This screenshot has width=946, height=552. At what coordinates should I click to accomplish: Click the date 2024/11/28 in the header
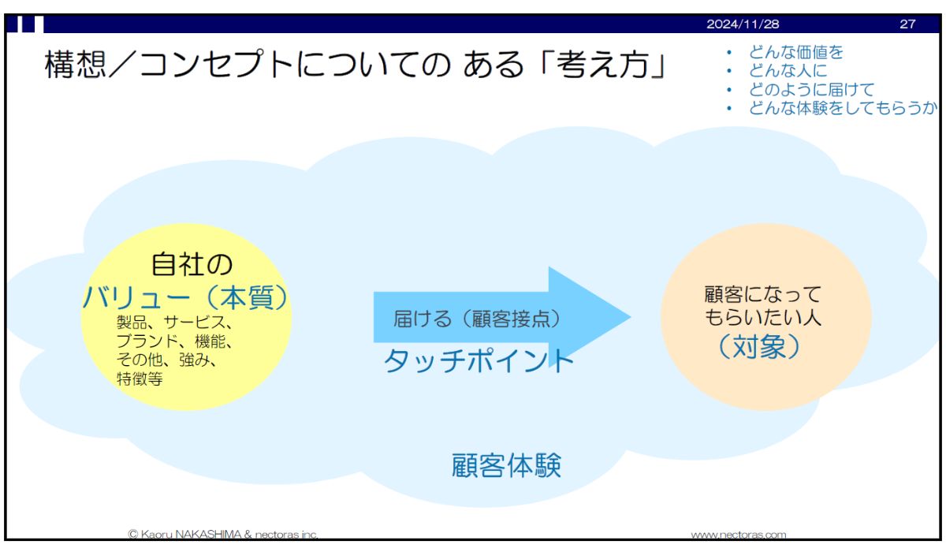(x=743, y=24)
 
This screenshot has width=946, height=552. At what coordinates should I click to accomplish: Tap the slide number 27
(x=907, y=24)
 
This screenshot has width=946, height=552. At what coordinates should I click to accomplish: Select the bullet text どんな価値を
(x=795, y=52)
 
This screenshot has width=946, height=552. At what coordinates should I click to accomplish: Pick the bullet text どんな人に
(x=788, y=70)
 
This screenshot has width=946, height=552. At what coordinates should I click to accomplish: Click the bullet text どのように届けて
(x=811, y=90)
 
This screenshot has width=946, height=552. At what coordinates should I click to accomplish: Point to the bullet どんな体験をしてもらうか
(x=843, y=108)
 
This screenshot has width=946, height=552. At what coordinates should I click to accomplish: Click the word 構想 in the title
(x=75, y=64)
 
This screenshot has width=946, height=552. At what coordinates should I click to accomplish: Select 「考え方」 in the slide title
(x=603, y=64)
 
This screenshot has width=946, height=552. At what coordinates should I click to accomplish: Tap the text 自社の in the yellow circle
(x=192, y=264)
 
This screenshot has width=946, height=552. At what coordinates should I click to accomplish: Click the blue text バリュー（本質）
(x=186, y=297)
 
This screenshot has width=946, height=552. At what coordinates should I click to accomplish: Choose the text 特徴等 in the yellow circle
(x=140, y=379)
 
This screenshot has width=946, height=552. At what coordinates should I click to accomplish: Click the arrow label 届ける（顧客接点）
(x=477, y=319)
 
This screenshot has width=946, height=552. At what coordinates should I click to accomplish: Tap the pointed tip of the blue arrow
(x=630, y=317)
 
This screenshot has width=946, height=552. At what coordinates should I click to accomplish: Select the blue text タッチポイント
(x=479, y=360)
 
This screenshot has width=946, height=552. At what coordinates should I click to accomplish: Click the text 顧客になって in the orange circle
(x=763, y=294)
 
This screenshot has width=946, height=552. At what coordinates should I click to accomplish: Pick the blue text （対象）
(x=759, y=347)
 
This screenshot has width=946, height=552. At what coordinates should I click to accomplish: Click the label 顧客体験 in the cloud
(x=506, y=465)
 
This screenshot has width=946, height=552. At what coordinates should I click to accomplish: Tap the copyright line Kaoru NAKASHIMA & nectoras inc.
(x=222, y=535)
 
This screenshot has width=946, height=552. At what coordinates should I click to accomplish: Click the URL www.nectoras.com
(x=738, y=535)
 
